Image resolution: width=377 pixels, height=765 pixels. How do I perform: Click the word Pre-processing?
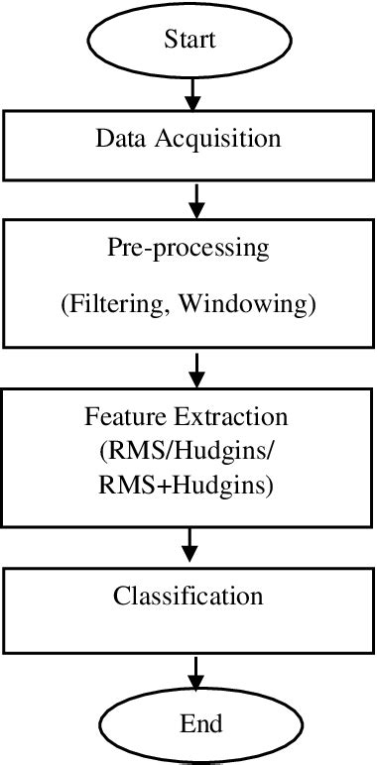tap(188, 249)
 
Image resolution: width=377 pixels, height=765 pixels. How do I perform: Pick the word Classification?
tap(188, 596)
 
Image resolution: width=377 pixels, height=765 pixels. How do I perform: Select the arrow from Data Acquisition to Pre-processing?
tap(196, 201)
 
